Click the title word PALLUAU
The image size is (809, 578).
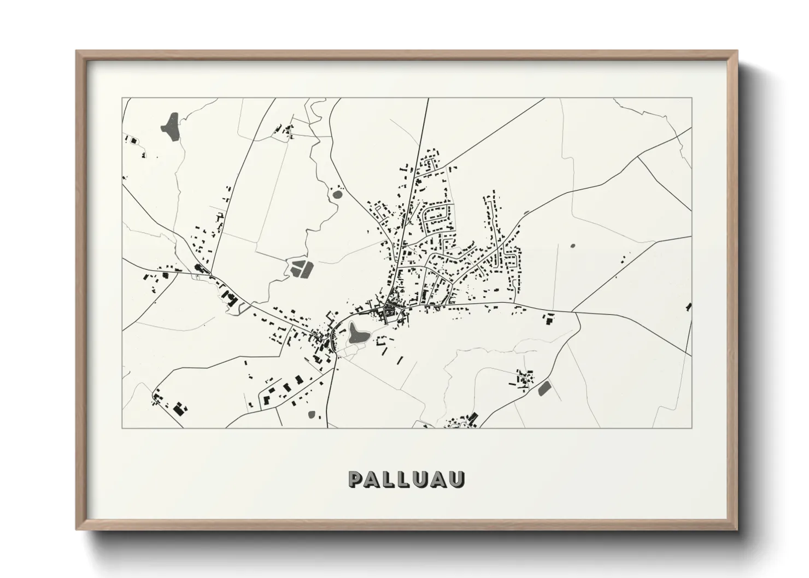[x=407, y=479]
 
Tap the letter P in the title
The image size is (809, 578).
[x=355, y=479]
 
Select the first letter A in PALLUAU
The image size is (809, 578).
[x=372, y=479]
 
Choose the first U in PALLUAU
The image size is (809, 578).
[x=423, y=479]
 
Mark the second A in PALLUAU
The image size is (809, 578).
[x=440, y=479]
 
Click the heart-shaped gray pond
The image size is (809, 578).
[x=356, y=332]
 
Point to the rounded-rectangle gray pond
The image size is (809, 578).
[x=545, y=388]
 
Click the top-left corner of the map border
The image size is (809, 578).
[x=122, y=98]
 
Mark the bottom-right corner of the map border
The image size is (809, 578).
[x=692, y=428]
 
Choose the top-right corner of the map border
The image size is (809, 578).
[x=692, y=98]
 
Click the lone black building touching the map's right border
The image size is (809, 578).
[x=689, y=306]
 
